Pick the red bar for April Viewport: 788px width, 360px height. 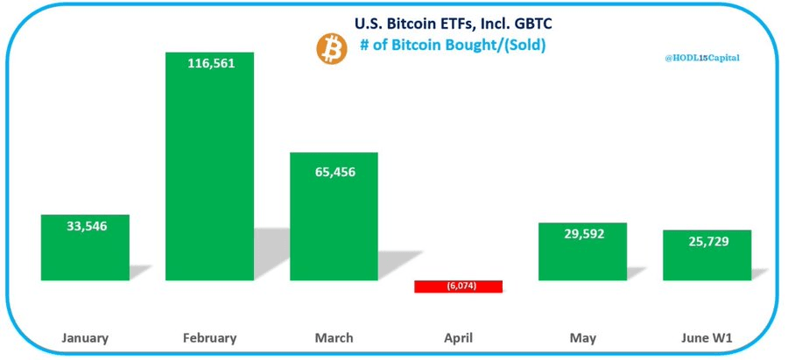click(458, 286)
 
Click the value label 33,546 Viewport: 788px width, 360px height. click(85, 226)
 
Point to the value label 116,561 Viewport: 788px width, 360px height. click(209, 62)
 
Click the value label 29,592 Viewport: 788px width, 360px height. click(582, 234)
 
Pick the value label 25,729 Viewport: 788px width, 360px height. click(707, 240)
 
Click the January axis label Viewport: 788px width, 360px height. click(85, 337)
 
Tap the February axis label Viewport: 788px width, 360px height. click(209, 337)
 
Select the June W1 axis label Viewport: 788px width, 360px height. click(707, 337)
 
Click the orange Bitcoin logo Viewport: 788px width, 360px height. click(332, 50)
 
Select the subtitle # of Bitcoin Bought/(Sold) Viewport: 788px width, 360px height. click(453, 46)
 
